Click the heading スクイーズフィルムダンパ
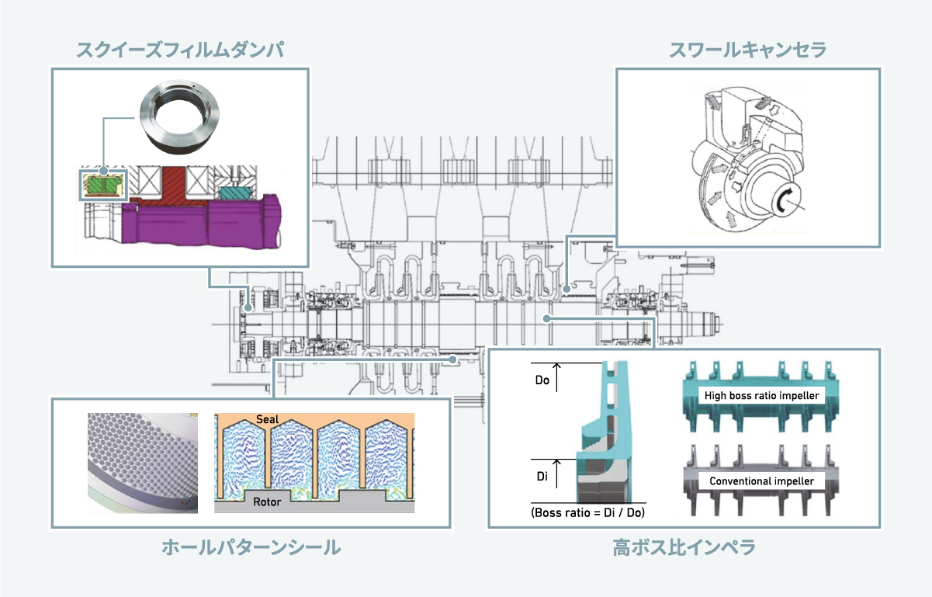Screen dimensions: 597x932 pyautogui.click(x=179, y=50)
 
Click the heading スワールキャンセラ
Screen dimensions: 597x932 pyautogui.click(x=748, y=50)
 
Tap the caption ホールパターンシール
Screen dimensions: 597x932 pyautogui.click(x=251, y=548)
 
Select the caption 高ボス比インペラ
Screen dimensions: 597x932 pyautogui.click(x=684, y=548)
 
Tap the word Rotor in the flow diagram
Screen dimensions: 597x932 pyautogui.click(x=267, y=501)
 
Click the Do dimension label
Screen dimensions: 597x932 pyautogui.click(x=543, y=381)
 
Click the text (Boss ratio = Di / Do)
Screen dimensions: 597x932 pyautogui.click(x=588, y=512)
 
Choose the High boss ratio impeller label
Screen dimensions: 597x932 pyautogui.click(x=761, y=396)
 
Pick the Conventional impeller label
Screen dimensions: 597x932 pyautogui.click(x=761, y=481)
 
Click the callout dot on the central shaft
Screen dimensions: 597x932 pyautogui.click(x=547, y=318)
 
